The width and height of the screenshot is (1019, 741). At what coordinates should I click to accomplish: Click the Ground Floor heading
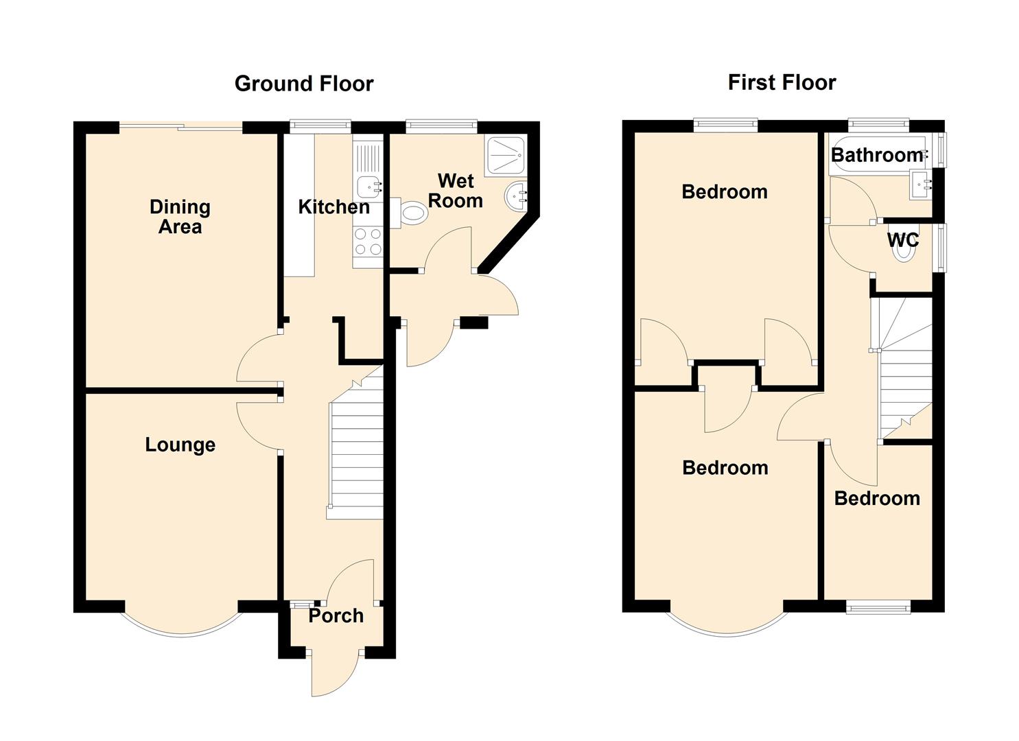(x=304, y=84)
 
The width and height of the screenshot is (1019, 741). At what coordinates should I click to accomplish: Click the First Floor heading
(x=782, y=82)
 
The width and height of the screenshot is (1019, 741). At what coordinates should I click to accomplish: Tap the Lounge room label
(x=180, y=445)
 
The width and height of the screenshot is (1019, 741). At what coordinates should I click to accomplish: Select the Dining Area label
(x=180, y=217)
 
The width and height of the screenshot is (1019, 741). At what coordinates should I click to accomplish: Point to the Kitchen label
(x=333, y=207)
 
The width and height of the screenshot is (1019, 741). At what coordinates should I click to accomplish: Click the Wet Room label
(x=456, y=191)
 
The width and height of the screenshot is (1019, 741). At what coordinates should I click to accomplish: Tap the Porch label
(x=336, y=616)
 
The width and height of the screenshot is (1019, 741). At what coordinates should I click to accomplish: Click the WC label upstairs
(x=903, y=239)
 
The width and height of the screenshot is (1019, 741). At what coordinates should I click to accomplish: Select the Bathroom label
(x=877, y=155)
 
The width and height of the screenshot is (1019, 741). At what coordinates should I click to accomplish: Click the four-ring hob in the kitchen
(x=368, y=242)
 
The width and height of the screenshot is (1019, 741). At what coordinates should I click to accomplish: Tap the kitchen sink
(x=369, y=187)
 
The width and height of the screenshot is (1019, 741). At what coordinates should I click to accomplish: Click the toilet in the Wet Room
(x=409, y=213)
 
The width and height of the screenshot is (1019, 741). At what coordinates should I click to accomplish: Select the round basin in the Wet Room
(x=516, y=196)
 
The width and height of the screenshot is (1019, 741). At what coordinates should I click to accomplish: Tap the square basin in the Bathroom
(x=920, y=185)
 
